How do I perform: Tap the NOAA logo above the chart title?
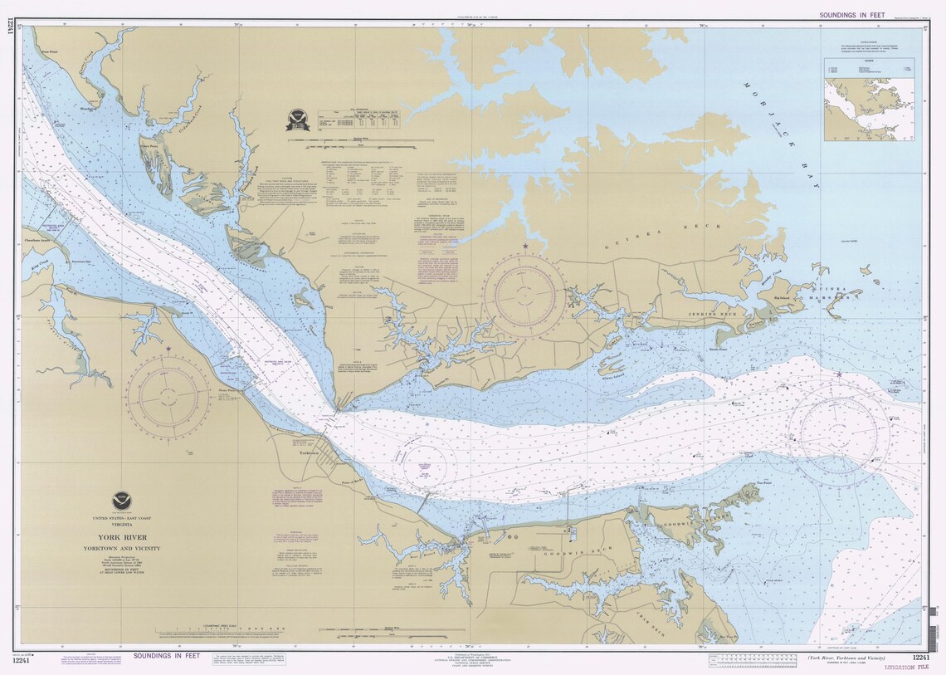click(x=121, y=501)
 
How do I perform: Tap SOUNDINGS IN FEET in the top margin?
click(x=851, y=15)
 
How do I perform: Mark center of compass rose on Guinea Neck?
click(x=524, y=296)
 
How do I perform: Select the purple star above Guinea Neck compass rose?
click(x=524, y=247)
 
